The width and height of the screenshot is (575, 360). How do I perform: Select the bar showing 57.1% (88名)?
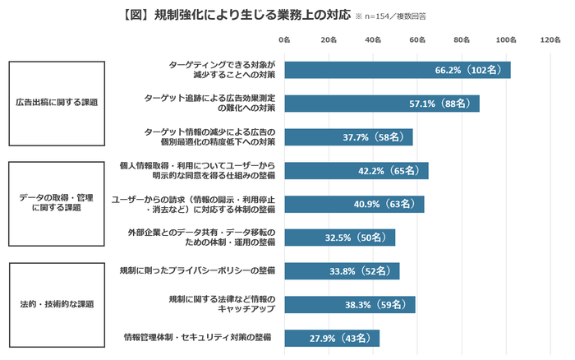381,104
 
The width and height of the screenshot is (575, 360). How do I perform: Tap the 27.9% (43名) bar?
332,338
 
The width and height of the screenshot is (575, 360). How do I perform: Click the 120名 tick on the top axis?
550,39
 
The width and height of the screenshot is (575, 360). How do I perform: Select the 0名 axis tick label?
284,39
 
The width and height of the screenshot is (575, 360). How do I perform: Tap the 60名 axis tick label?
416,39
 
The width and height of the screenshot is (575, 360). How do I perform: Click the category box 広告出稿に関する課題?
56,103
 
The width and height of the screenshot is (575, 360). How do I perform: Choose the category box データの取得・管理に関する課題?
56,203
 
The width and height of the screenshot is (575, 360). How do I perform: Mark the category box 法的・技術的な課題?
56,304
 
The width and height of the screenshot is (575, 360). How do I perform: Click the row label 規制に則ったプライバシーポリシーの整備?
196,270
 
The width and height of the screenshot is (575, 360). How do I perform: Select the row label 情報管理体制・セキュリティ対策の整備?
196,338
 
